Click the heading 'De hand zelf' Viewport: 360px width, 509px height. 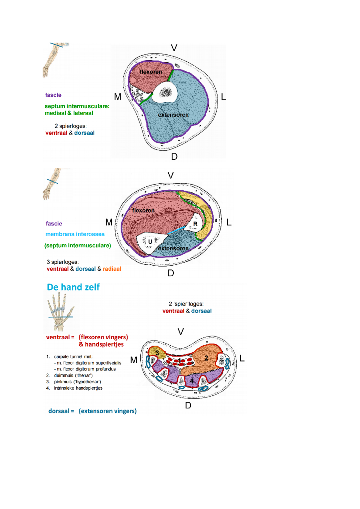click(x=73, y=287)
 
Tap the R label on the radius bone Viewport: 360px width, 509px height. click(x=195, y=224)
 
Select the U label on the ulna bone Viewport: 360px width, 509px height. click(x=150, y=242)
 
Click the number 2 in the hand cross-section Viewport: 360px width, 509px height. click(x=206, y=358)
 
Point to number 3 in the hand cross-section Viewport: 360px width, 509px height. click(x=157, y=353)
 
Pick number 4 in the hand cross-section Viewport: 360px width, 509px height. click(x=191, y=381)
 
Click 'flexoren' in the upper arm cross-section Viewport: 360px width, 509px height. click(x=151, y=72)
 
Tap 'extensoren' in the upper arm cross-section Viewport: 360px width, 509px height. click(x=173, y=115)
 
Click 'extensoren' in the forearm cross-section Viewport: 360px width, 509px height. click(x=173, y=249)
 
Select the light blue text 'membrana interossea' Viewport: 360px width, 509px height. click(x=75, y=234)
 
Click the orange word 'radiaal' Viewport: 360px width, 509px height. click(x=112, y=269)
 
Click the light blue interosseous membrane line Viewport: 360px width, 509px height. click(x=176, y=230)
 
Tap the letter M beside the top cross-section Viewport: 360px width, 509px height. click(x=118, y=97)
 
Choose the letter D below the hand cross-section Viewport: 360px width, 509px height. click(x=188, y=405)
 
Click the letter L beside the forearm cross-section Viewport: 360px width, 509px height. click(x=229, y=222)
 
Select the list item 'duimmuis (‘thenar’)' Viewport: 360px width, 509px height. click(x=73, y=375)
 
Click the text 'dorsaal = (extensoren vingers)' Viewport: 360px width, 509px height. click(x=92, y=411)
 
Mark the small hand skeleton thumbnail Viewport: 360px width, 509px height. click(x=60, y=312)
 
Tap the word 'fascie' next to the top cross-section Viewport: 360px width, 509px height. click(x=53, y=95)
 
